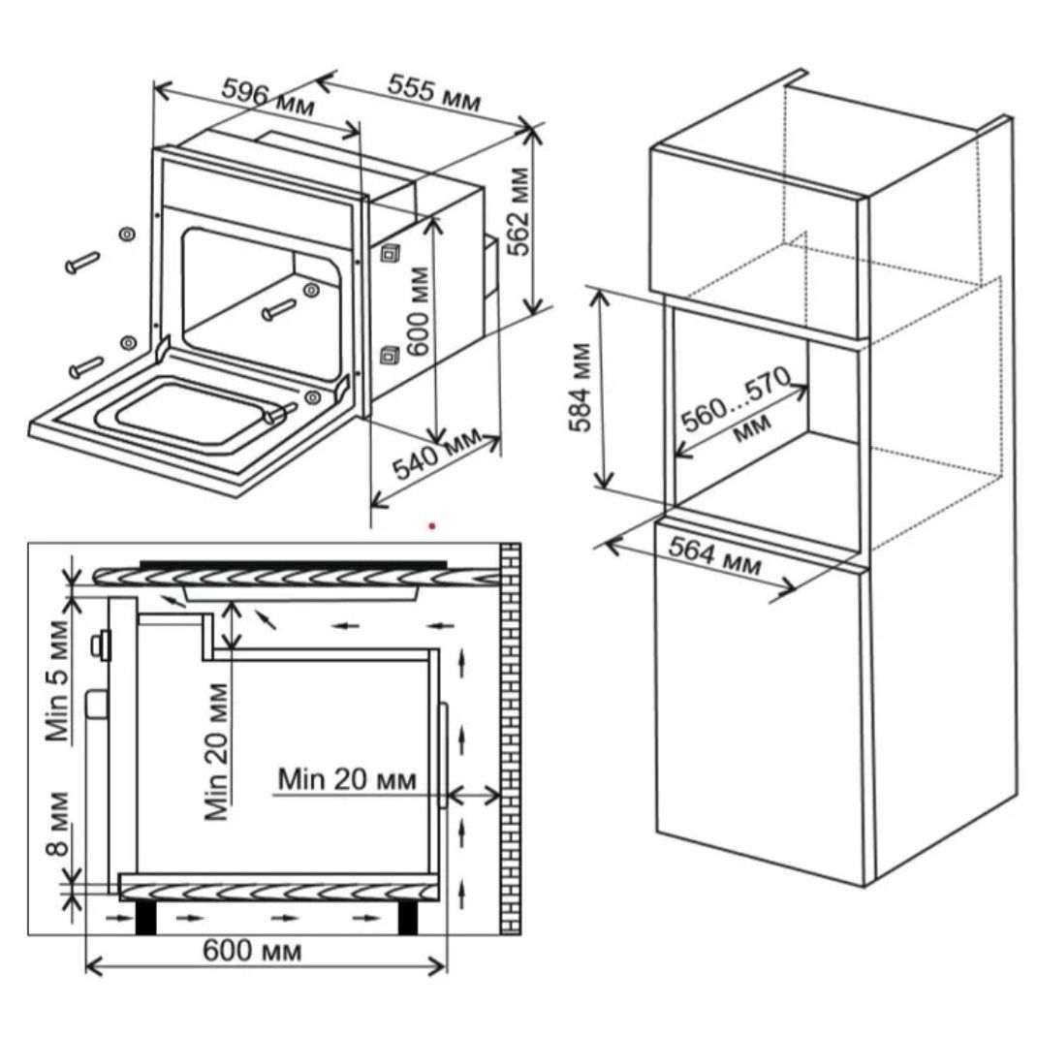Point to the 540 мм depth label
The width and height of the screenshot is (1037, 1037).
[436, 455]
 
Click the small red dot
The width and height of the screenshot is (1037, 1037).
[432, 526]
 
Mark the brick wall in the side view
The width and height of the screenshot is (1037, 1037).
[510, 737]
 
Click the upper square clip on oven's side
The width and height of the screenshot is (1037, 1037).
[389, 255]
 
